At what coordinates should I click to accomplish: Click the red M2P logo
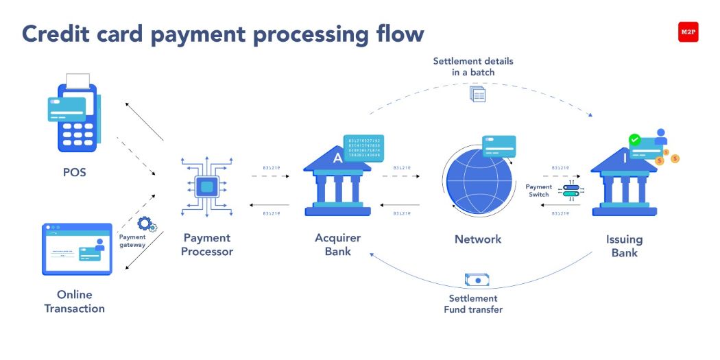[x=688, y=32]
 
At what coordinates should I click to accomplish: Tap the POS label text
[x=75, y=172]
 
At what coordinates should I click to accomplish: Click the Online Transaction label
[x=75, y=301]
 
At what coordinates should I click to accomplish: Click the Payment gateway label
[x=132, y=241]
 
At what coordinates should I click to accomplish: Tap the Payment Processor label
[x=207, y=245]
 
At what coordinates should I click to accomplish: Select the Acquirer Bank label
[x=337, y=245]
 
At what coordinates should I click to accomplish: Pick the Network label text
[x=478, y=239]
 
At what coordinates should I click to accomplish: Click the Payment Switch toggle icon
[x=570, y=190]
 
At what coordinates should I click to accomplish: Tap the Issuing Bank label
[x=624, y=245]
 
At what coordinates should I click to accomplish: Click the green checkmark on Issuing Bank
[x=635, y=139]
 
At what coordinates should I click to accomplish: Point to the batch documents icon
[x=477, y=94]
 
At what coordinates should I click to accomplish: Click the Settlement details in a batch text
[x=473, y=67]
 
